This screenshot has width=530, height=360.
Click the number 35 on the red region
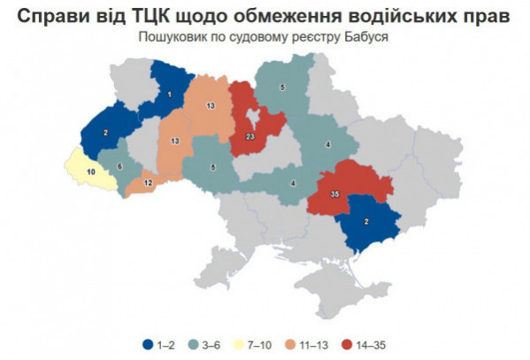click(334, 194)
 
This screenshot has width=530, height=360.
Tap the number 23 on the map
click(250, 137)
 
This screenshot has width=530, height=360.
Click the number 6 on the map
click(120, 165)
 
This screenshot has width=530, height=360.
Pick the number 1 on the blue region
click(169, 93)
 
